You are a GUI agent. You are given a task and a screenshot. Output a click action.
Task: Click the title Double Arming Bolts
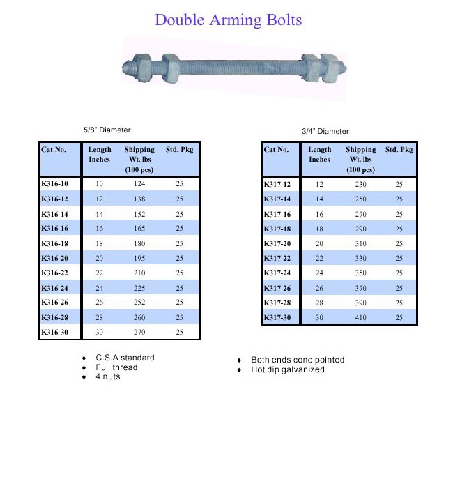pos(228,20)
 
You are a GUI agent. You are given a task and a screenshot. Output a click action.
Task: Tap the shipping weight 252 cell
pos(139,303)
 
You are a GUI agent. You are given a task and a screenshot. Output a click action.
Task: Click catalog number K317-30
pos(277,317)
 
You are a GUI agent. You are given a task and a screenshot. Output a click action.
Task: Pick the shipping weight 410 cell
pos(360,317)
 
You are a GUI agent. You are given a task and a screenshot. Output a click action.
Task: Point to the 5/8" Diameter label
pos(107,130)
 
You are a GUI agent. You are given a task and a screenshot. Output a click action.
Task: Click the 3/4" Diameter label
pos(325,131)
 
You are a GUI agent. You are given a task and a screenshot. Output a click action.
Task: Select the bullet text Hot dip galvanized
pos(288,369)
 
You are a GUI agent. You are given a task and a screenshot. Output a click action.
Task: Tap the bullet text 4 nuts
pos(108,376)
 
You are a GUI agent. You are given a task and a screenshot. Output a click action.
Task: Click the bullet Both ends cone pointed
pos(298,360)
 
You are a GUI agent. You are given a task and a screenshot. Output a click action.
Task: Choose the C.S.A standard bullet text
pos(125,358)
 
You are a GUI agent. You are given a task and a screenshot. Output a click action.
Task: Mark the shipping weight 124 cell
pos(139,184)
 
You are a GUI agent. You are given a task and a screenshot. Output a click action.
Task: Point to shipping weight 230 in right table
pos(360,185)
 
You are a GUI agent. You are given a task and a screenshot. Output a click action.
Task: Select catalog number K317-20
pos(277,243)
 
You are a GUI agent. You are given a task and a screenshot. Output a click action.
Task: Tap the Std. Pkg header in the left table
pos(179,150)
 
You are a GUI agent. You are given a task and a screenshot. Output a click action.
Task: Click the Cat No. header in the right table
pos(277,150)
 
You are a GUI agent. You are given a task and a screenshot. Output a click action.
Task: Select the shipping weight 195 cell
pos(139,258)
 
